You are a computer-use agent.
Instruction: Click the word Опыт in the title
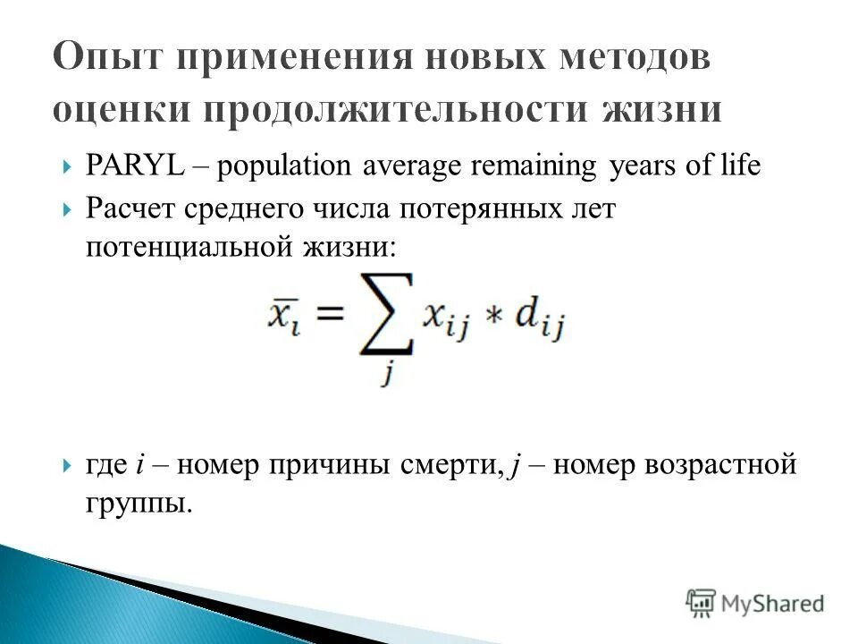114,60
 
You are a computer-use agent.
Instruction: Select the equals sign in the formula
328,315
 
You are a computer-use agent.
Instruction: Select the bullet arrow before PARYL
68,167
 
